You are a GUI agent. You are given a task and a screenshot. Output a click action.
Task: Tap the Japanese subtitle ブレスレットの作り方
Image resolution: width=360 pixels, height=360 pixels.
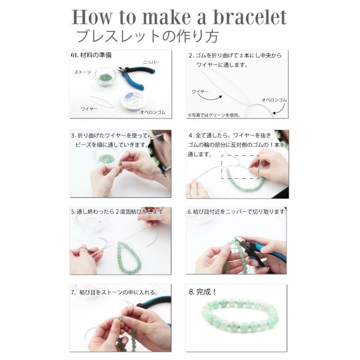click(147, 36)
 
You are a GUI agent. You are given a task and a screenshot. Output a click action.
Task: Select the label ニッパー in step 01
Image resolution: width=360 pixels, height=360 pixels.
click(151, 62)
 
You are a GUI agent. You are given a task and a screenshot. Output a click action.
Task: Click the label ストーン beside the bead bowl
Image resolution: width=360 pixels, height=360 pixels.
click(83, 72)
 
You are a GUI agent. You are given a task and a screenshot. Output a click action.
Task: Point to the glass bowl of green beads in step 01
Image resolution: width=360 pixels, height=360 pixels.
click(106, 76)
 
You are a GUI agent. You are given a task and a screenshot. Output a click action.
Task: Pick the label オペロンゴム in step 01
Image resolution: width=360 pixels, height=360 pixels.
click(153, 112)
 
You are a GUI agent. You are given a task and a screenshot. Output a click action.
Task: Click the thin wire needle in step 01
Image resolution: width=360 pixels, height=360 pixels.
click(102, 102)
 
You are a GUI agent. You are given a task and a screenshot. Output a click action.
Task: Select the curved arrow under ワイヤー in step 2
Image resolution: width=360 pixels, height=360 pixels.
click(210, 98)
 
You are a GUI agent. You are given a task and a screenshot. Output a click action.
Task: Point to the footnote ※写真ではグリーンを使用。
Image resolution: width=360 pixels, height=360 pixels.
click(214, 115)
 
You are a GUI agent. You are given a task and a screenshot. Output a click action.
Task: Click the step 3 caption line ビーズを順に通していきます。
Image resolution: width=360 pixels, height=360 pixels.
click(112, 145)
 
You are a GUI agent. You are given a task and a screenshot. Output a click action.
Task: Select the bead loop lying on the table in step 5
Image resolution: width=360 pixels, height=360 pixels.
click(128, 258)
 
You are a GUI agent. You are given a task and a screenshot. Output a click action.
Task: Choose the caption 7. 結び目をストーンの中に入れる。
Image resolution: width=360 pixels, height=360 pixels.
click(114, 292)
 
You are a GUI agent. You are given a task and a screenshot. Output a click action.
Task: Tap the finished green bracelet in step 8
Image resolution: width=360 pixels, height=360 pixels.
click(240, 315)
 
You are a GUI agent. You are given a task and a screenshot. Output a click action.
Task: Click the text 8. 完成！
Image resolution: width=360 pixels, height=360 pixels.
click(202, 292)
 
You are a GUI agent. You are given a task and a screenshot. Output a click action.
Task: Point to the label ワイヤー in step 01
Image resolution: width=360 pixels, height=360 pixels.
click(89, 109)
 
